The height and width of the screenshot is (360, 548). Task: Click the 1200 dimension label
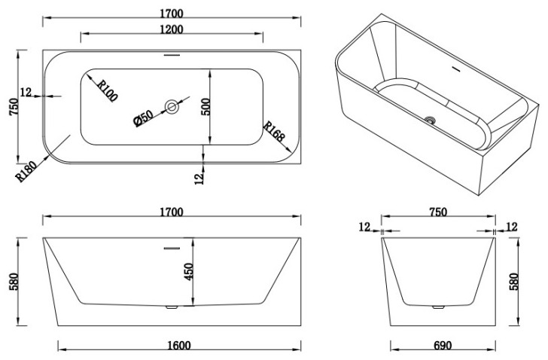tap(172, 29)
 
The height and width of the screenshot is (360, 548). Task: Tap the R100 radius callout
tap(107, 90)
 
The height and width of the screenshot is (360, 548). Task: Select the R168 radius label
tap(274, 131)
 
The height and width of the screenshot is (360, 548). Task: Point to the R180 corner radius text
tap(26, 171)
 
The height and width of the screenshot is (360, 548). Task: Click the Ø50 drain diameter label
tap(143, 118)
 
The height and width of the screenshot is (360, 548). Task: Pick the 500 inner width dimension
tap(205, 107)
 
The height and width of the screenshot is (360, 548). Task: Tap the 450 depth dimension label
tap(188, 272)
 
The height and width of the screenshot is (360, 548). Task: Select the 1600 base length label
tap(179, 346)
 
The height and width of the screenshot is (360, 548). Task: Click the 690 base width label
tap(443, 346)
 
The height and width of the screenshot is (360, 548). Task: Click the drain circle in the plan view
tap(172, 107)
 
